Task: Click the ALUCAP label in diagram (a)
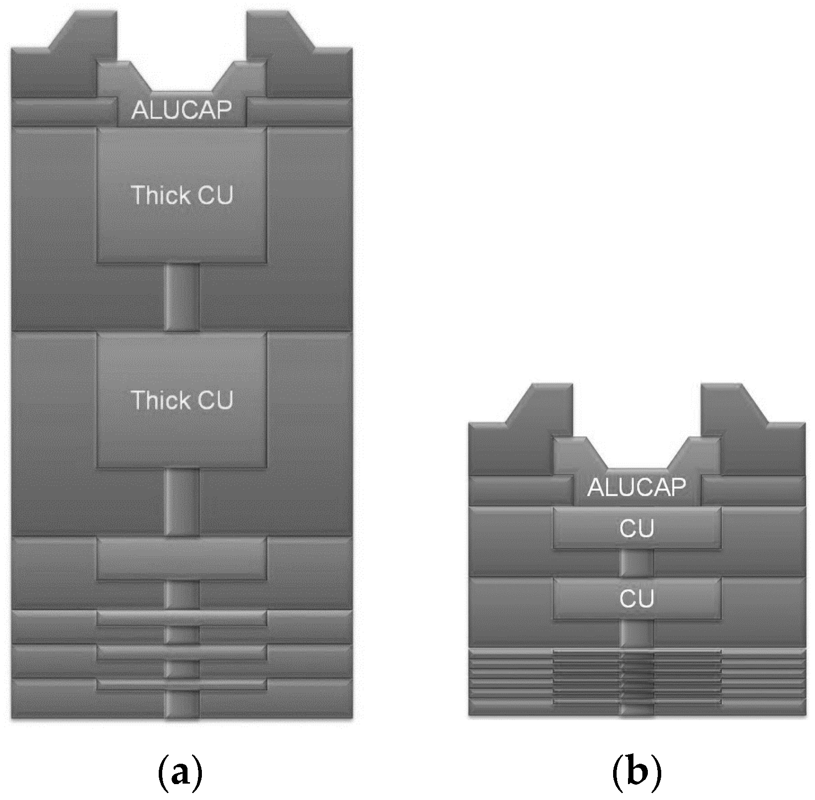pos(182,110)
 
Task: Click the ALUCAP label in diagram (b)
pos(636,487)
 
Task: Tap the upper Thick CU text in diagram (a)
pos(182,195)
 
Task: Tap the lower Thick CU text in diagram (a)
pos(182,400)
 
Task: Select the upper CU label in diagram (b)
pos(636,529)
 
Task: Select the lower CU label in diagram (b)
pos(636,599)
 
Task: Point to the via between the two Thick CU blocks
pos(182,297)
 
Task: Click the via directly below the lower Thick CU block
pos(182,502)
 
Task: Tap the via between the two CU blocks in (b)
pos(636,563)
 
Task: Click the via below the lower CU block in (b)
pos(636,634)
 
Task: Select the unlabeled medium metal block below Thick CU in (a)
pos(182,558)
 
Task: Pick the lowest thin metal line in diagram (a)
pos(182,685)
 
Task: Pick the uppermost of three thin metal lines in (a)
pos(182,618)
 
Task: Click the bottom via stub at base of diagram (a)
pos(182,706)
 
